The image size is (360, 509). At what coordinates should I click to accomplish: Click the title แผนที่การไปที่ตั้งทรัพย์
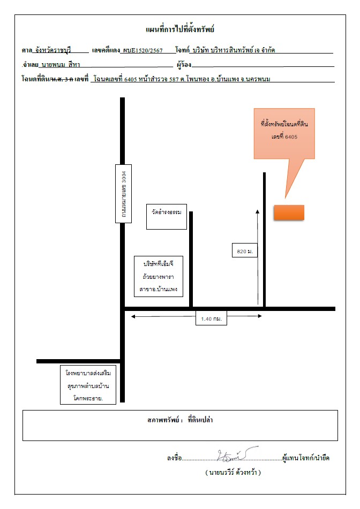(x=180, y=29)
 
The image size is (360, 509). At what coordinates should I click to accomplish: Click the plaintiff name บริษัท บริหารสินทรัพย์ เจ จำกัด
(x=234, y=50)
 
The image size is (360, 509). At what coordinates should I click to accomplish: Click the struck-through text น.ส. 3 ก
(x=62, y=79)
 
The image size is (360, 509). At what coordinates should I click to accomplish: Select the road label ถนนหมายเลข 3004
(x=123, y=194)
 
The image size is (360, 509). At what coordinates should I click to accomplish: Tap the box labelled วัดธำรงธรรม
(x=167, y=217)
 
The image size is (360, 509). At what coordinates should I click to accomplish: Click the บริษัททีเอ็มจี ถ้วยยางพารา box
(x=159, y=276)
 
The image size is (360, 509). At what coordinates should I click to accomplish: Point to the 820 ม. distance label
(x=245, y=250)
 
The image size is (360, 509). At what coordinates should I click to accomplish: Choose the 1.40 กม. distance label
(x=211, y=318)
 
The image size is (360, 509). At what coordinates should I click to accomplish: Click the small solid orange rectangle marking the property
(x=289, y=212)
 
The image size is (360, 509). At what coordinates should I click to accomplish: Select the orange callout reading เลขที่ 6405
(x=284, y=134)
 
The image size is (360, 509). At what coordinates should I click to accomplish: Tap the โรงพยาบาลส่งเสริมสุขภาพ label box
(x=88, y=385)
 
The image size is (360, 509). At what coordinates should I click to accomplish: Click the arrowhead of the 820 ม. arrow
(x=258, y=211)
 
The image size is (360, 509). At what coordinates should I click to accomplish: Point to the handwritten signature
(x=237, y=454)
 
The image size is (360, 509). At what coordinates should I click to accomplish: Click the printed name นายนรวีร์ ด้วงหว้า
(x=233, y=472)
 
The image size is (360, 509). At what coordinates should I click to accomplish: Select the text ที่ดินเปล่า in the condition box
(x=200, y=420)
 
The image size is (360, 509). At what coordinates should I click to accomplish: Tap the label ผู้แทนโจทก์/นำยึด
(x=306, y=458)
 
